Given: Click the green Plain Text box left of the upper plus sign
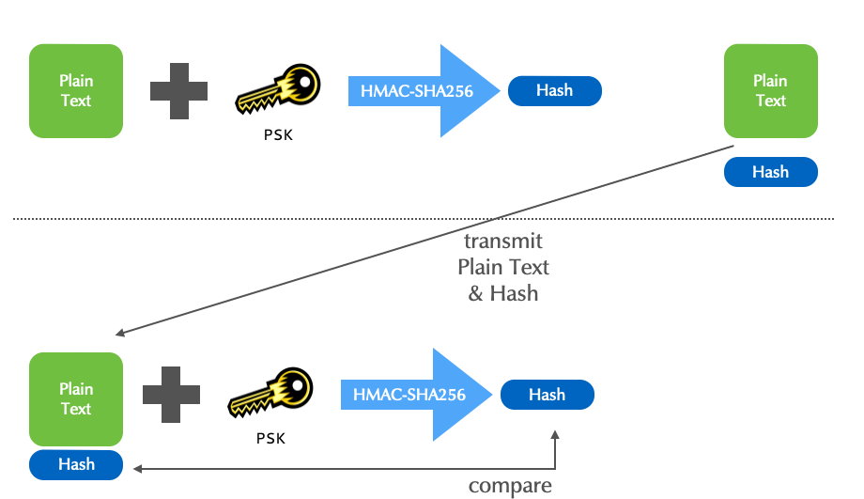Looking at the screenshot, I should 76,91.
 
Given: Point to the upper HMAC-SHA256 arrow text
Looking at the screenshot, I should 411,91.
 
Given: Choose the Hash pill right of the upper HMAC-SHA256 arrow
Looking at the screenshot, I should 554,90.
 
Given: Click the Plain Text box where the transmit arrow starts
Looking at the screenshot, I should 770,91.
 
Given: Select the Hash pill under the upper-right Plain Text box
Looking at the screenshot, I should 770,172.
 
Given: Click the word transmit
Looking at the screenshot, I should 503,242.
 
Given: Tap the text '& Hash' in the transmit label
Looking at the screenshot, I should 503,293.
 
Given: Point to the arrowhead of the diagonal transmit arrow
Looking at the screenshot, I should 119,333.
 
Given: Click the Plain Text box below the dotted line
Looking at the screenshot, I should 76,398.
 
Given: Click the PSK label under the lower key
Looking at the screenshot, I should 270,438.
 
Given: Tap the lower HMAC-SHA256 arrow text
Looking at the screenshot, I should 409,395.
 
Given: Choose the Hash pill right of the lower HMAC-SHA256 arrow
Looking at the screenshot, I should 547,395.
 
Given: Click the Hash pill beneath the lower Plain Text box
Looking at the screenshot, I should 76,464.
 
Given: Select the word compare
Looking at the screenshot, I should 510,486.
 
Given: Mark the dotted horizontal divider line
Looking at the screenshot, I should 423,219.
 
